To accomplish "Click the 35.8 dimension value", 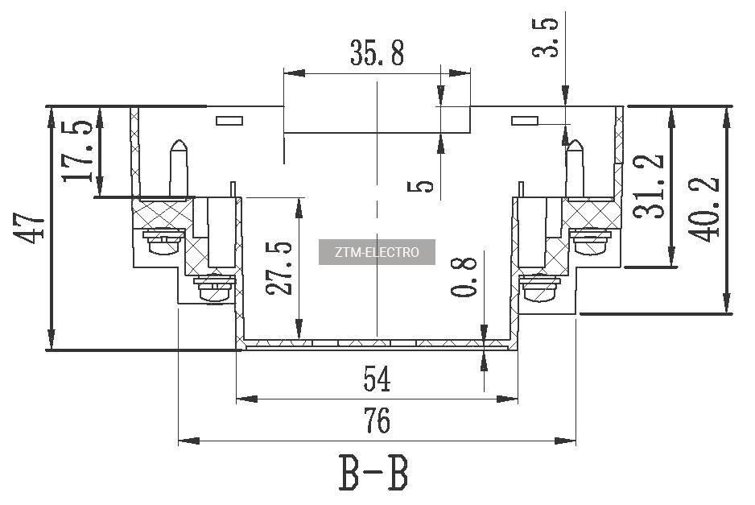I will [x=377, y=53].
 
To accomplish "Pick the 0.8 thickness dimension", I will [x=464, y=275].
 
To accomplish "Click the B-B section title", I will [x=373, y=474].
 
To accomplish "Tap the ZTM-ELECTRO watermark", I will [x=377, y=252].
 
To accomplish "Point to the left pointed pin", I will [x=179, y=168].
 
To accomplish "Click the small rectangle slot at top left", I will [x=229, y=121].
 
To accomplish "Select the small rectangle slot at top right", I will [x=525, y=121].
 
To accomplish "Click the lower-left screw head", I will [x=215, y=288].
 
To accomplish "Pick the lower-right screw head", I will [x=538, y=288].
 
